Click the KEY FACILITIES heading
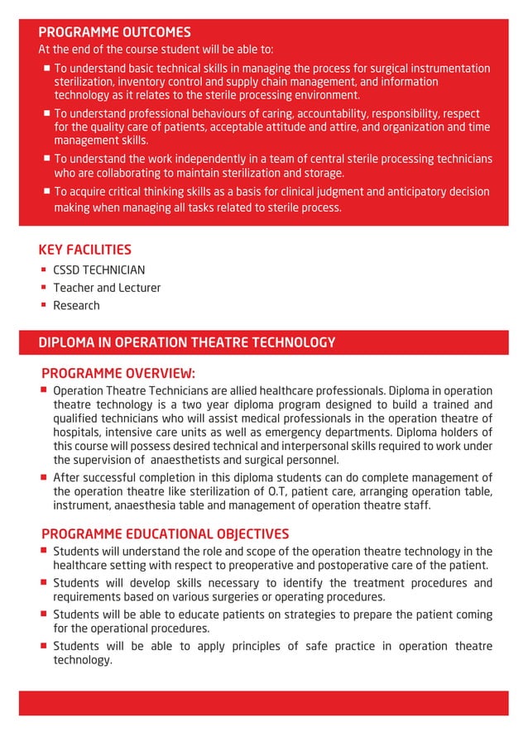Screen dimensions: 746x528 [84, 249]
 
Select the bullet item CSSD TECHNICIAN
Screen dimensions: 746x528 [98, 270]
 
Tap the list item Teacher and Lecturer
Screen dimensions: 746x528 [107, 288]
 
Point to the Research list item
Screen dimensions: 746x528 [76, 305]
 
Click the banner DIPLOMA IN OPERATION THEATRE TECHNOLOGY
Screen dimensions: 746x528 [186, 342]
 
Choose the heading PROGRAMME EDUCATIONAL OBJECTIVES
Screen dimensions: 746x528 [165, 533]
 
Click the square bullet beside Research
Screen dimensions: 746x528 [43, 305]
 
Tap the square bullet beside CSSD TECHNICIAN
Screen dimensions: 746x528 [43, 270]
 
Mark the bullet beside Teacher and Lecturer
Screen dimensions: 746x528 [43, 287]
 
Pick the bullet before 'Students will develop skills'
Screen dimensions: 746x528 [43, 582]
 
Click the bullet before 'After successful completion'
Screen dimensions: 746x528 [43, 476]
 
